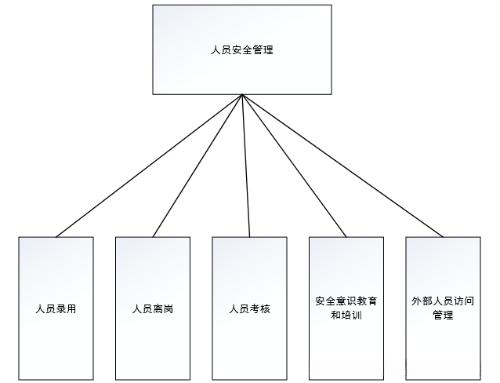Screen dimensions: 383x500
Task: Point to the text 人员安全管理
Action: (242, 49)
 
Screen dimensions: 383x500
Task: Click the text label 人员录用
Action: (56, 308)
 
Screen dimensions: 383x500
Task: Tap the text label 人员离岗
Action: (153, 308)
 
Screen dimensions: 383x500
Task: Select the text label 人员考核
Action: (249, 308)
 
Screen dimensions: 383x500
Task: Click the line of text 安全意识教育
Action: (346, 301)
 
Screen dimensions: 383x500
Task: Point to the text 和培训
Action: (346, 316)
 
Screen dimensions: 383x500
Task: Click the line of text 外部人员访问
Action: (443, 301)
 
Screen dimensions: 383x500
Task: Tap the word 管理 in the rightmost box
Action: (443, 316)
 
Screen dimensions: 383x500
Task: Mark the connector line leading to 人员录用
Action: (149, 166)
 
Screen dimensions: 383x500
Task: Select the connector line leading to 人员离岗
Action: (197, 166)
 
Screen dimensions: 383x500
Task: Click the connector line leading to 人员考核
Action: (246, 166)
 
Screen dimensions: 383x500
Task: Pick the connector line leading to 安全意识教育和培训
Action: (295, 166)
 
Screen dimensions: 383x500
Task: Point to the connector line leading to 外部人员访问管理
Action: (342, 166)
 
